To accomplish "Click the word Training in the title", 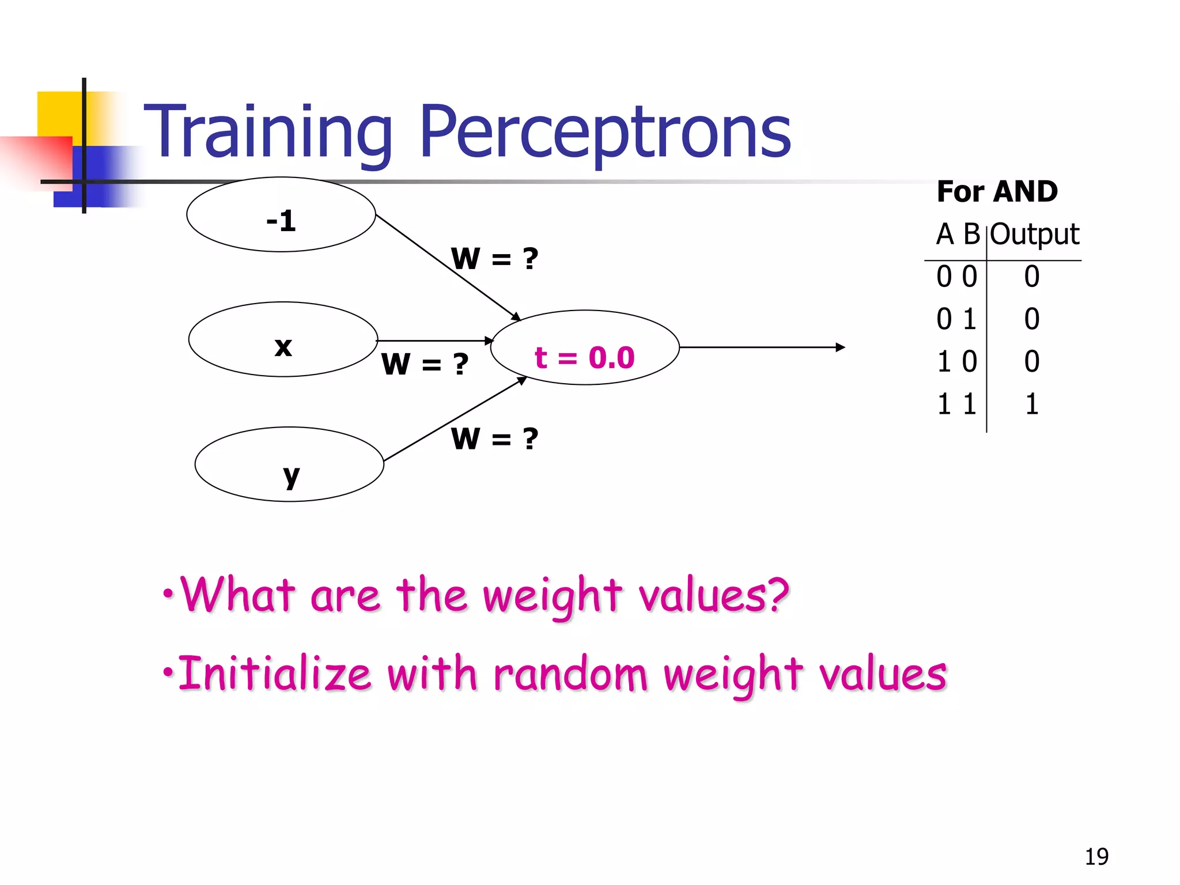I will [267, 133].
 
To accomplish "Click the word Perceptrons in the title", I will [605, 133].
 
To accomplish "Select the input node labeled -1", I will [281, 215].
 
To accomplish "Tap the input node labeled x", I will [283, 340].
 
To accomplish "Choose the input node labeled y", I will [289, 465].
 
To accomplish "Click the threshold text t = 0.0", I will [584, 358].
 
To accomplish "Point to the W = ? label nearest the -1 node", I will [494, 259].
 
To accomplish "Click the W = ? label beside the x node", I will [425, 364].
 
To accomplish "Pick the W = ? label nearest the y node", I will [494, 439].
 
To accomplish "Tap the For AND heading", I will [997, 191].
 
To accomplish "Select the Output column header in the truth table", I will [1034, 235].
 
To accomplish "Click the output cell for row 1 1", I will [1031, 404].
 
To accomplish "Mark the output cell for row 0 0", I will [1031, 277].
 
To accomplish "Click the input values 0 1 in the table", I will [956, 319].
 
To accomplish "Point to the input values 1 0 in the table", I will [956, 362].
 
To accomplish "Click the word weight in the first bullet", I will [552, 596].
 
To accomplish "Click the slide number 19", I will [1096, 857].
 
